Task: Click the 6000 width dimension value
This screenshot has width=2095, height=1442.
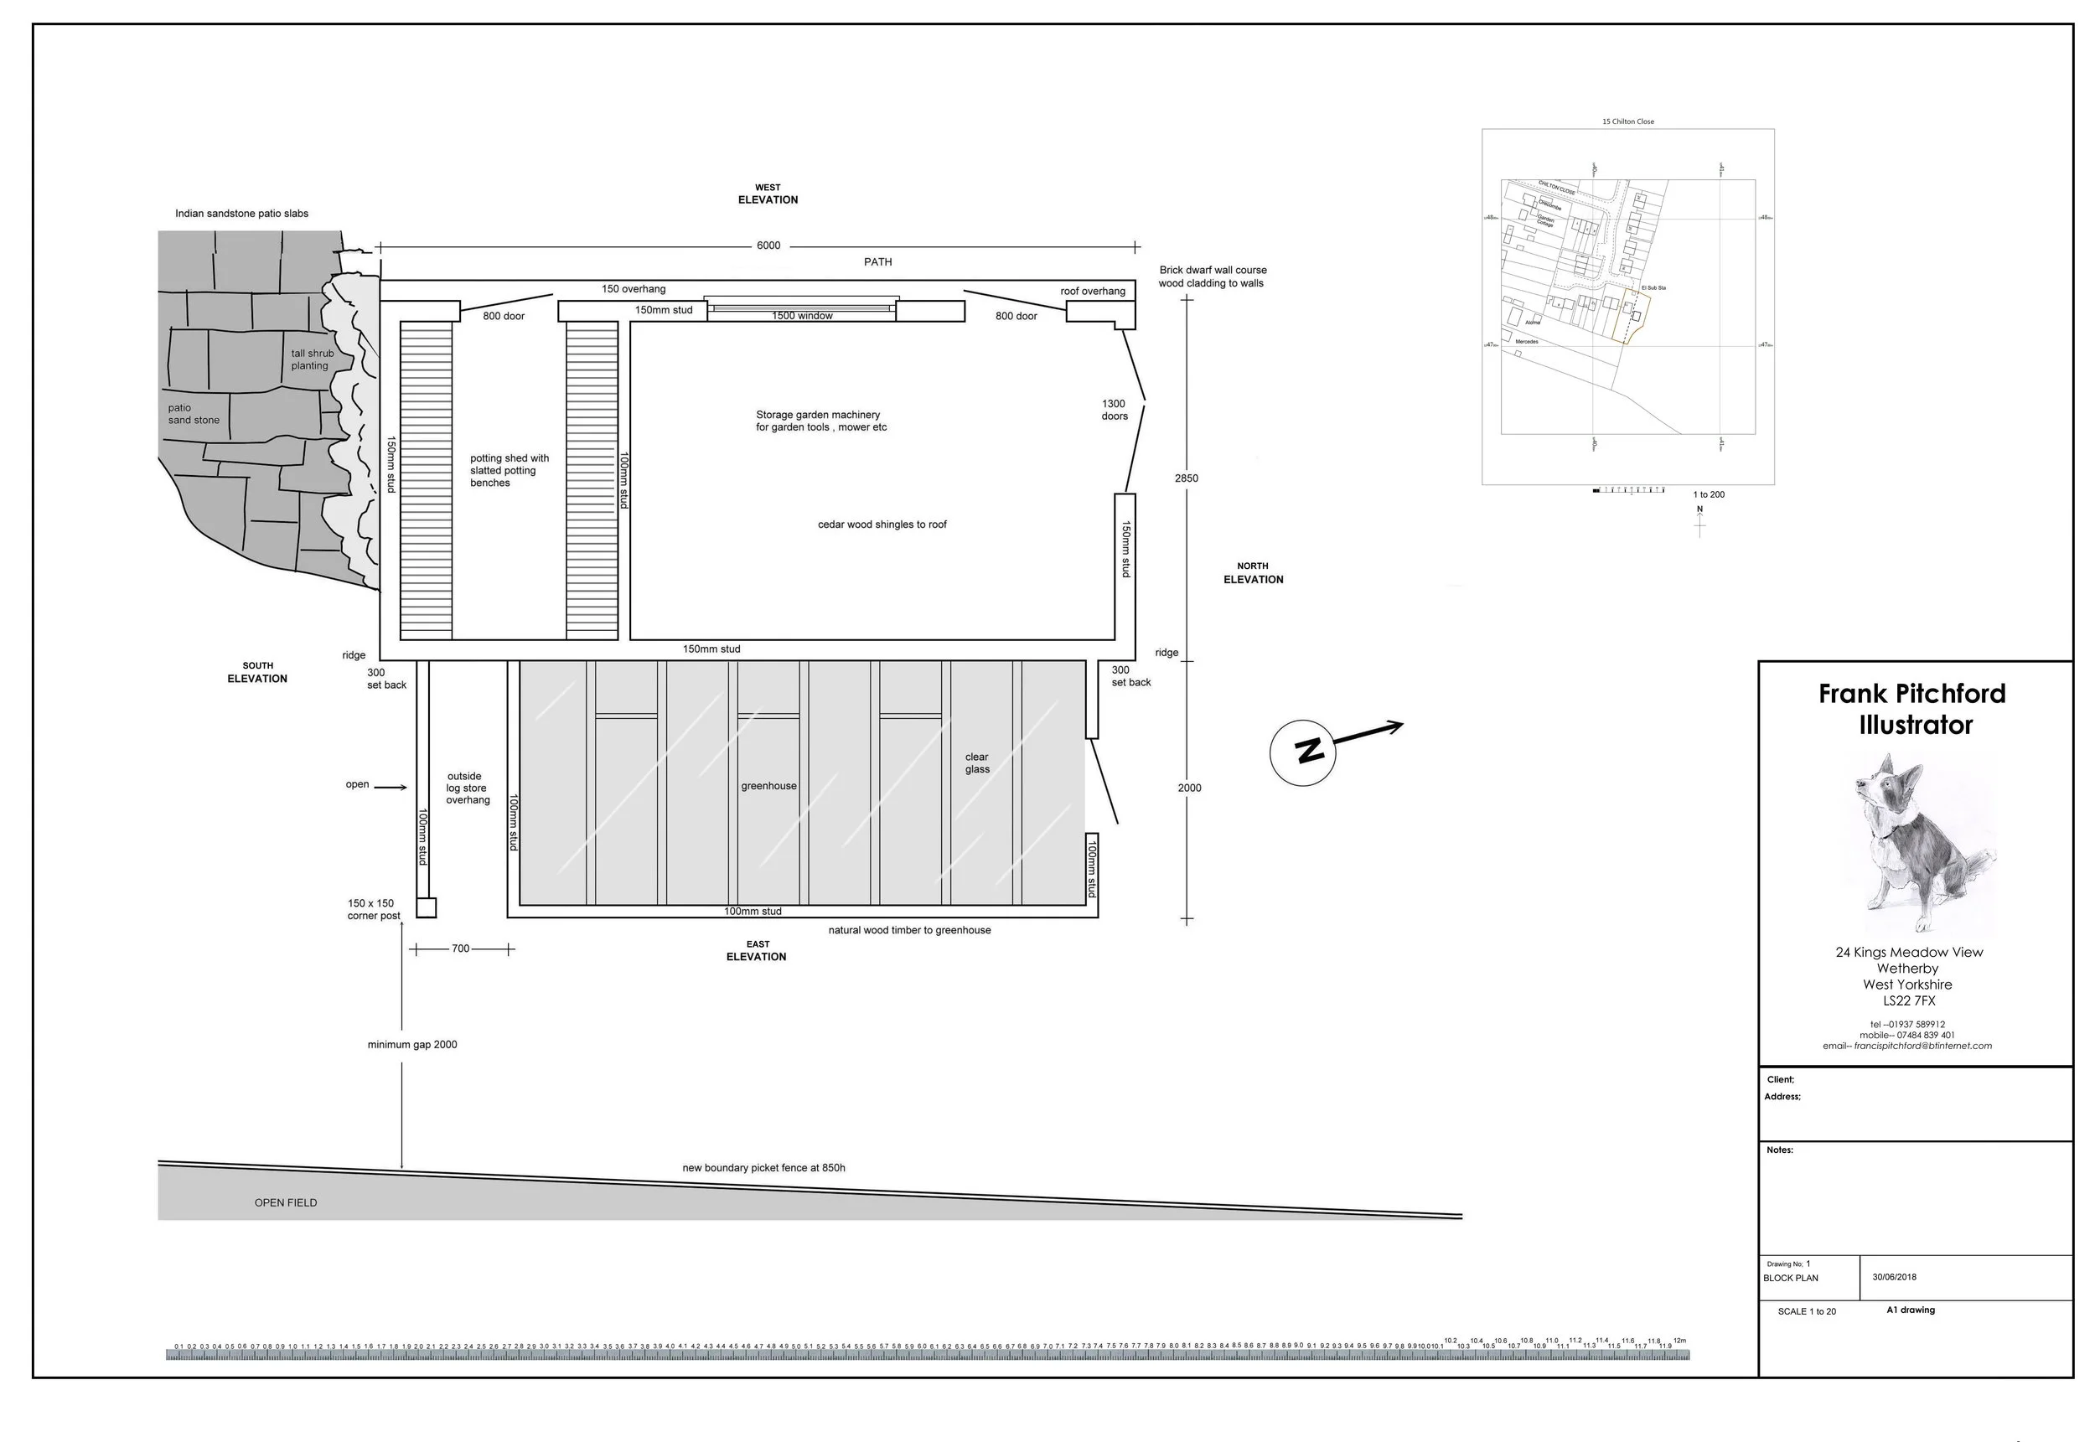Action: tap(768, 246)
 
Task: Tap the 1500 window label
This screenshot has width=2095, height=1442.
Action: tap(801, 316)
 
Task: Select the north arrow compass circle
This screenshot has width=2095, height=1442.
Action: tap(1304, 752)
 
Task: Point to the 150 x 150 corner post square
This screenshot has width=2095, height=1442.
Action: tap(426, 907)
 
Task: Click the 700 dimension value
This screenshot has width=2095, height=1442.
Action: tap(461, 948)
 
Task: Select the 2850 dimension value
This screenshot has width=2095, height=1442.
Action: tap(1186, 478)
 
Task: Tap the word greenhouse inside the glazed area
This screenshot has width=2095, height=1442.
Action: tap(768, 786)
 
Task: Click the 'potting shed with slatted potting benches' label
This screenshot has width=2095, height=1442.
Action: tap(509, 471)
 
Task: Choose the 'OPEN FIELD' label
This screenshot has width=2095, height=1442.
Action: tap(286, 1202)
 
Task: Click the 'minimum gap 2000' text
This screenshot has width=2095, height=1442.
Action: tap(412, 1045)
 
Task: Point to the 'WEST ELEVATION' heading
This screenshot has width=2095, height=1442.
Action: tap(768, 194)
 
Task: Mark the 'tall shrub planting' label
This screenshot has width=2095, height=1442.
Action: tap(312, 359)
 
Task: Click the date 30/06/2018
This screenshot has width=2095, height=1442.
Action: tap(1894, 1278)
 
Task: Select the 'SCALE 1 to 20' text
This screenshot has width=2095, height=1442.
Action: tap(1807, 1311)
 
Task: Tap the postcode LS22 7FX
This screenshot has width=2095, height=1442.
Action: tap(1909, 1001)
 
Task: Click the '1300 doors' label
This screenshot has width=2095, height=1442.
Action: tap(1114, 411)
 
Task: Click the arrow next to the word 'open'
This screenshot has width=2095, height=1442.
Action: tap(391, 787)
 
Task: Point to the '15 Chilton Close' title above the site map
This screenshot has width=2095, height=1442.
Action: tap(1628, 121)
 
